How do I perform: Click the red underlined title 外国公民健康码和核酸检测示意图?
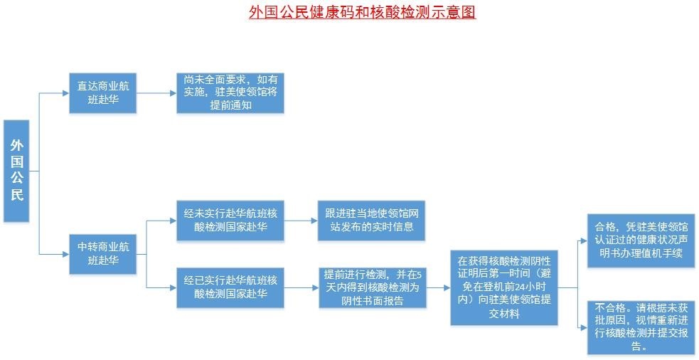[363, 11]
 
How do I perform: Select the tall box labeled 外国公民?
[16, 171]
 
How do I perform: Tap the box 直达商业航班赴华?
[102, 92]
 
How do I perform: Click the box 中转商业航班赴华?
[102, 253]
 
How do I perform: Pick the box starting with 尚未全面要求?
[230, 92]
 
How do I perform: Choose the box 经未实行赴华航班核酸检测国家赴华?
[230, 221]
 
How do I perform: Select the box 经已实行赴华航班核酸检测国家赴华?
[230, 287]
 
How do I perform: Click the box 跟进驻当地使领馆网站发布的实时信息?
[372, 221]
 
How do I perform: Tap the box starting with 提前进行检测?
[372, 287]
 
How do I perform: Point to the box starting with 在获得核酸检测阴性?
[503, 287]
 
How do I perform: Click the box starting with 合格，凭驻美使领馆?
[641, 241]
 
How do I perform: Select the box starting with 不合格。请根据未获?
[641, 327]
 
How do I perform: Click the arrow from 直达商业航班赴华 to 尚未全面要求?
[156, 93]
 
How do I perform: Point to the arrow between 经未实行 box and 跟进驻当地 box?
[301, 221]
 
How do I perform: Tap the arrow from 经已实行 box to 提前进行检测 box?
[301, 287]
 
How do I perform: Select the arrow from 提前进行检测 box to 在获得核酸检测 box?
[438, 287]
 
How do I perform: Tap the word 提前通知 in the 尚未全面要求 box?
[230, 106]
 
